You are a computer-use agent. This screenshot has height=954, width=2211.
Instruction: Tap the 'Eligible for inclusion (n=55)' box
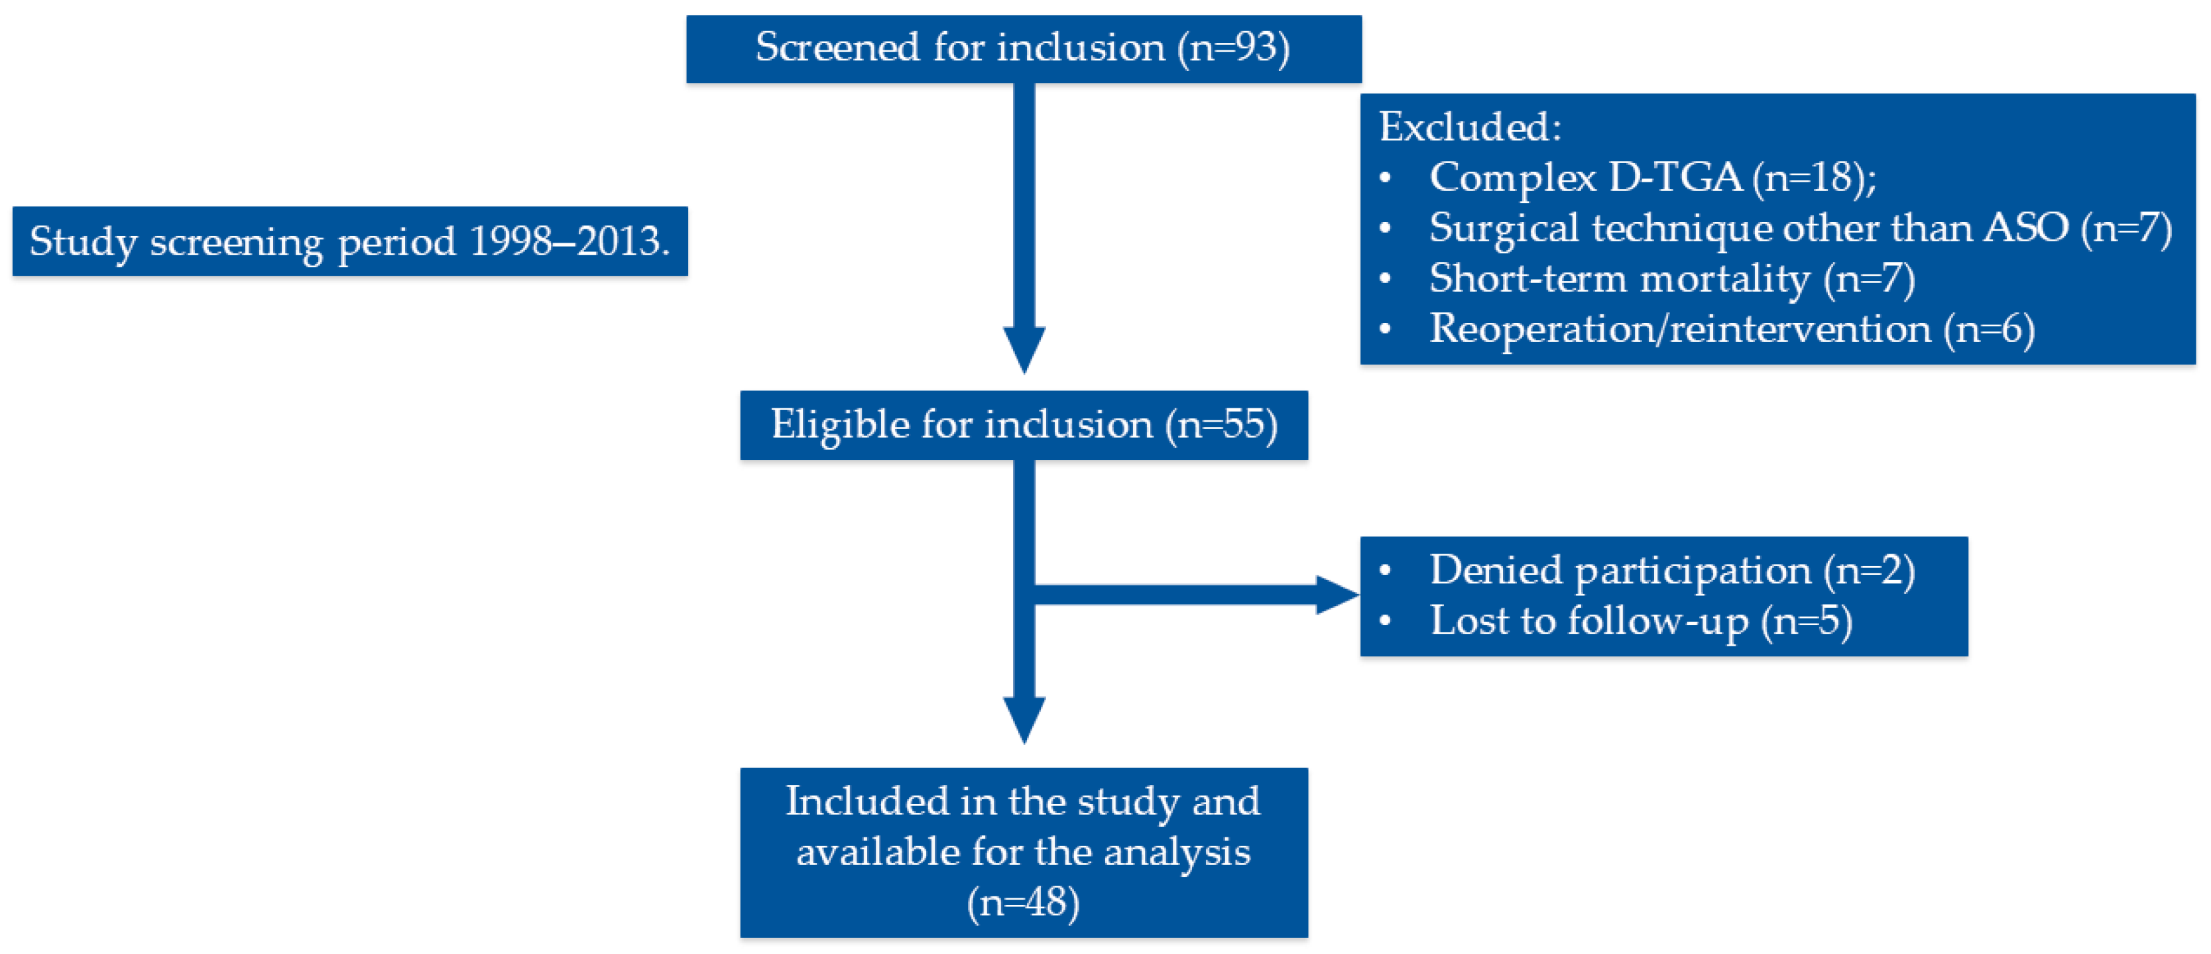pyautogui.click(x=1023, y=426)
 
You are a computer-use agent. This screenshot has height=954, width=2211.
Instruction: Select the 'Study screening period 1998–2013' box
pyautogui.click(x=349, y=241)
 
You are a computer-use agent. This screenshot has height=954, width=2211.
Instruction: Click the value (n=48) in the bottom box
pyautogui.click(x=1023, y=902)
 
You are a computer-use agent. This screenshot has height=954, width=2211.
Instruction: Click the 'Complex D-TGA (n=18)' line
pyautogui.click(x=1652, y=178)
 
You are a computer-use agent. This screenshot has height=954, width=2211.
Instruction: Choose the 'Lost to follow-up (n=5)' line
pyautogui.click(x=1640, y=621)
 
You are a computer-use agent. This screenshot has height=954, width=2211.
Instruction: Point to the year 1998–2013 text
pyautogui.click(x=568, y=241)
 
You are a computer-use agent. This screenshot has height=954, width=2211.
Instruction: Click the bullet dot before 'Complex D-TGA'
pyautogui.click(x=1384, y=178)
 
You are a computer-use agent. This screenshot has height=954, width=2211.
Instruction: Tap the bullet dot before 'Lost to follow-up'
pyautogui.click(x=1384, y=622)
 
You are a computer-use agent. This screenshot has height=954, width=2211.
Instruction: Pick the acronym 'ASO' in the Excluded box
pyautogui.click(x=2025, y=228)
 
